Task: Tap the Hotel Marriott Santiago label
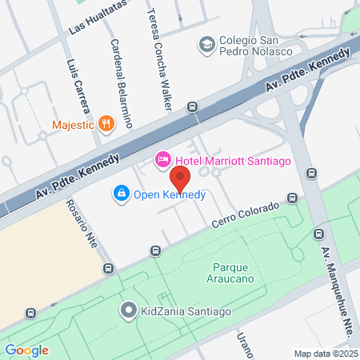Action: click(x=233, y=161)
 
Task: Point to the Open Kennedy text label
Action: click(x=170, y=194)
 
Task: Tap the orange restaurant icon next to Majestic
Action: click(x=106, y=123)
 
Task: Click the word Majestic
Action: click(x=73, y=124)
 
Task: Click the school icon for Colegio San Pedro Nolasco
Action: click(x=206, y=44)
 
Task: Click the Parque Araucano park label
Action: click(x=238, y=273)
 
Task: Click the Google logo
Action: click(x=26, y=350)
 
